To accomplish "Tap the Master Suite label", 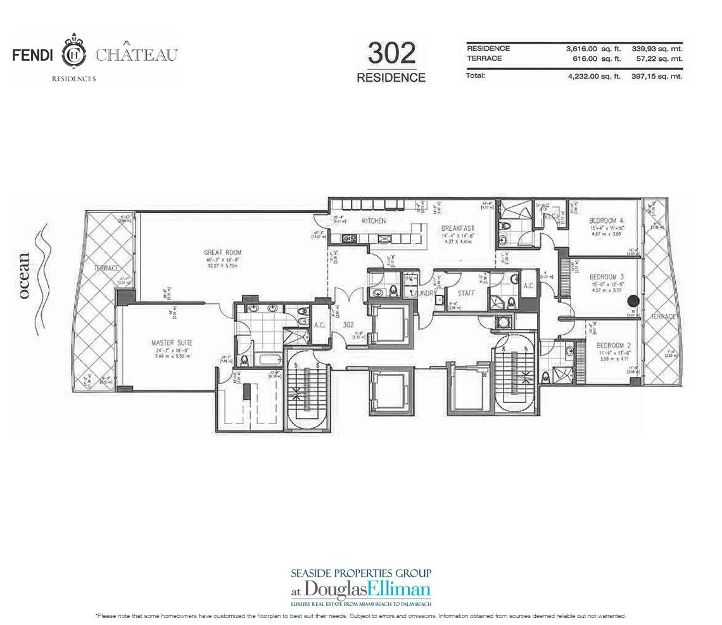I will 172,343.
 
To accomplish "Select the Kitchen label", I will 374,221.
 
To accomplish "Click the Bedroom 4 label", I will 606,213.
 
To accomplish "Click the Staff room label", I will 466,293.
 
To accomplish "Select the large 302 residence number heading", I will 391,54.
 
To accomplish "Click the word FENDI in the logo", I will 35,55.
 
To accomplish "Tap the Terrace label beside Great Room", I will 106,269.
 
